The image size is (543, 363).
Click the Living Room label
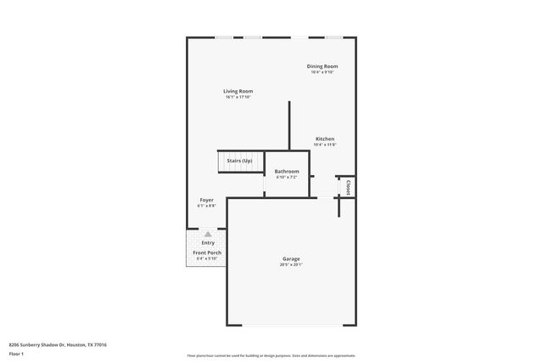tap(238, 91)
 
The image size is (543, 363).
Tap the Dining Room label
tap(322, 66)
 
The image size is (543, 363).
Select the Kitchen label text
tap(325, 139)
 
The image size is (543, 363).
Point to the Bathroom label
tap(287, 171)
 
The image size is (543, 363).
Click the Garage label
tap(291, 258)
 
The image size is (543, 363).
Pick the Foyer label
tap(207, 200)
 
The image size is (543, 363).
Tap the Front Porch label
tap(207, 252)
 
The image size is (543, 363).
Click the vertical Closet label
tap(348, 186)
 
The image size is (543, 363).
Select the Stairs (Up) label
tap(239, 161)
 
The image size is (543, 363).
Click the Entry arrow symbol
tap(208, 234)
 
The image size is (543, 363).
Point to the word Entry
tap(208, 243)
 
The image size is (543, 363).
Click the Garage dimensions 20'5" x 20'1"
tap(291, 264)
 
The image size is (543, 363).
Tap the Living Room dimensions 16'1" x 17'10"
tap(238, 97)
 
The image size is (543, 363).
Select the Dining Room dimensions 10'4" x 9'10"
tap(322, 72)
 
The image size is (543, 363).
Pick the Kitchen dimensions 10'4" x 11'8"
tap(325, 145)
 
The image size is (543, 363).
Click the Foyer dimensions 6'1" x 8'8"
tap(207, 206)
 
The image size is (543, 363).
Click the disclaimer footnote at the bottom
tap(271, 355)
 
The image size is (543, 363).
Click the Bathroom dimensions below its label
tap(287, 177)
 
